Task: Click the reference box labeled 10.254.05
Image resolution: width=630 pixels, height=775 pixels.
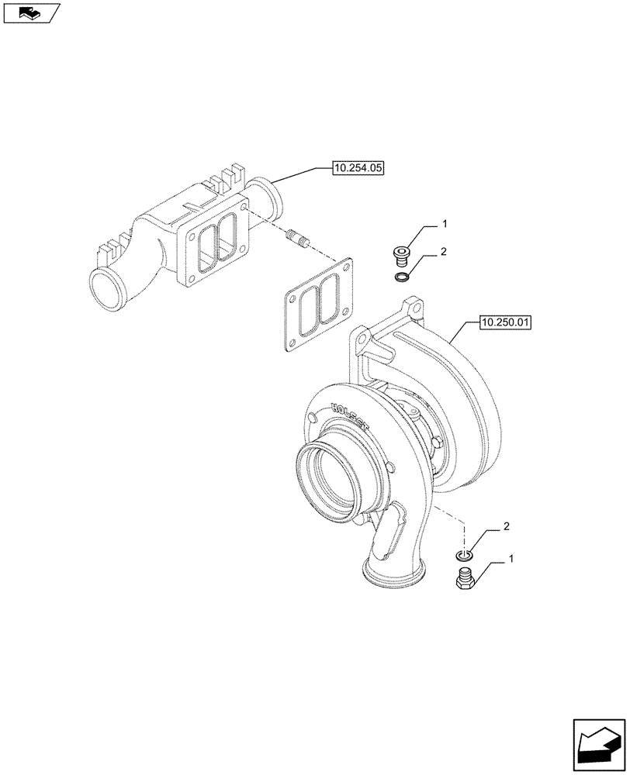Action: [x=360, y=167]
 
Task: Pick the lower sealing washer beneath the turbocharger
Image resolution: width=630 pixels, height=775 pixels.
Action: [x=464, y=555]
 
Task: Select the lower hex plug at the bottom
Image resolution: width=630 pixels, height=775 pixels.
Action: [x=464, y=579]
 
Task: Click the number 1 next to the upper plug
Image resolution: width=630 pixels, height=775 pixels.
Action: [x=445, y=224]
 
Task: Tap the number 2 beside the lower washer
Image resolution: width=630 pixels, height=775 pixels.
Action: [x=506, y=527]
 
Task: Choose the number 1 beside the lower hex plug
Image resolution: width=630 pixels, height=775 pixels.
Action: [x=511, y=558]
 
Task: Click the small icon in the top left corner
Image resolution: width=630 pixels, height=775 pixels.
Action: [x=30, y=12]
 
